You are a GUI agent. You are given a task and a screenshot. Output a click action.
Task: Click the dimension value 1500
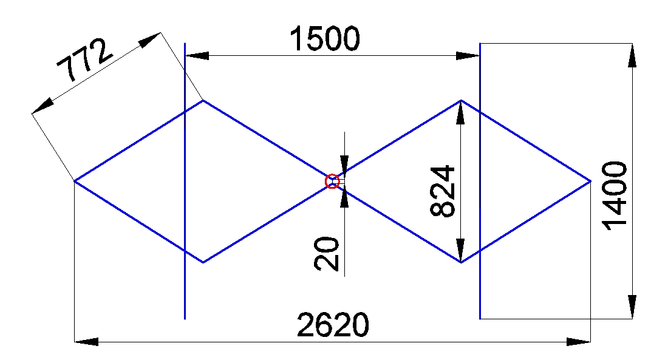click(325, 39)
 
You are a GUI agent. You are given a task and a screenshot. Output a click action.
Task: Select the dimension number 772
click(84, 59)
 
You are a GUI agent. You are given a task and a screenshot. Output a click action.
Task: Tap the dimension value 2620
click(333, 325)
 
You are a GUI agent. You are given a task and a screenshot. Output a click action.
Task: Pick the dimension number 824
click(443, 191)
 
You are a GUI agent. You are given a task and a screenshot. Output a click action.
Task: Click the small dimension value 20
click(327, 254)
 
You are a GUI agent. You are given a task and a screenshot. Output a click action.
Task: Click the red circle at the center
click(332, 182)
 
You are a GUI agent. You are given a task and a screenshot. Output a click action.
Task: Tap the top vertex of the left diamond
click(203, 101)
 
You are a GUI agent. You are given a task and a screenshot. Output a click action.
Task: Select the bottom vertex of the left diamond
click(203, 262)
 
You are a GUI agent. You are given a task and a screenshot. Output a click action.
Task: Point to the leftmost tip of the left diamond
click(74, 181)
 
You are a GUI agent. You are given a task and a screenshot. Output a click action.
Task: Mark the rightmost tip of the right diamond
click(590, 181)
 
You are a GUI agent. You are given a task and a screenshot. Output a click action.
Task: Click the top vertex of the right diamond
click(461, 101)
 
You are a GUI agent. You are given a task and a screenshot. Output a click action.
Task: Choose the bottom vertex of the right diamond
click(461, 262)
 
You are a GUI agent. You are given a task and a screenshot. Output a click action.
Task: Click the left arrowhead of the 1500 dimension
click(197, 56)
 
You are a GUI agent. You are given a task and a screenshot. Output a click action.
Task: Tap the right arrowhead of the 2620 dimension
click(579, 342)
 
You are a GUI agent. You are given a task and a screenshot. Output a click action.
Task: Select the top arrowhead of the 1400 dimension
click(632, 55)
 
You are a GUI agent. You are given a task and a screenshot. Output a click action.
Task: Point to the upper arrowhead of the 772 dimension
click(149, 39)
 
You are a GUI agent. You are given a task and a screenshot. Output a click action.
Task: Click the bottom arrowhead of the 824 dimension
click(460, 250)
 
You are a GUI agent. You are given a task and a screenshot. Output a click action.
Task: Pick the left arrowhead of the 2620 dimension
click(86, 342)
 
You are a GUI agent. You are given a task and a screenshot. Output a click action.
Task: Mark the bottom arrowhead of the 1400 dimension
click(632, 307)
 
